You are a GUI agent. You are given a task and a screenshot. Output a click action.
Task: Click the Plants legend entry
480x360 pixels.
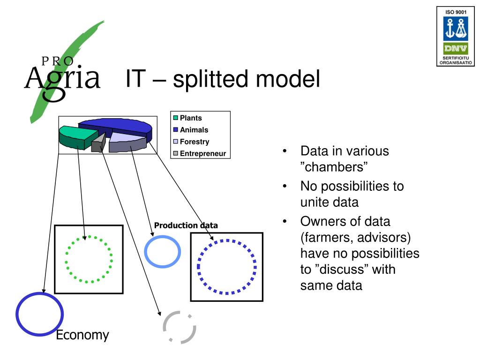tap(191, 118)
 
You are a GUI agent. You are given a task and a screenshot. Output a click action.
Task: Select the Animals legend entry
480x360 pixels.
tap(194, 130)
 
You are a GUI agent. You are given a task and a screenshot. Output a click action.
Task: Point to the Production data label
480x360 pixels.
tap(186, 225)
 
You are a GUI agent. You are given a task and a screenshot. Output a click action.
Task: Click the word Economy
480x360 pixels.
tap(82, 335)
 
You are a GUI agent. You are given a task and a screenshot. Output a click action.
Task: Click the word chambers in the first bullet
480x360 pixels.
tap(334, 167)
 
